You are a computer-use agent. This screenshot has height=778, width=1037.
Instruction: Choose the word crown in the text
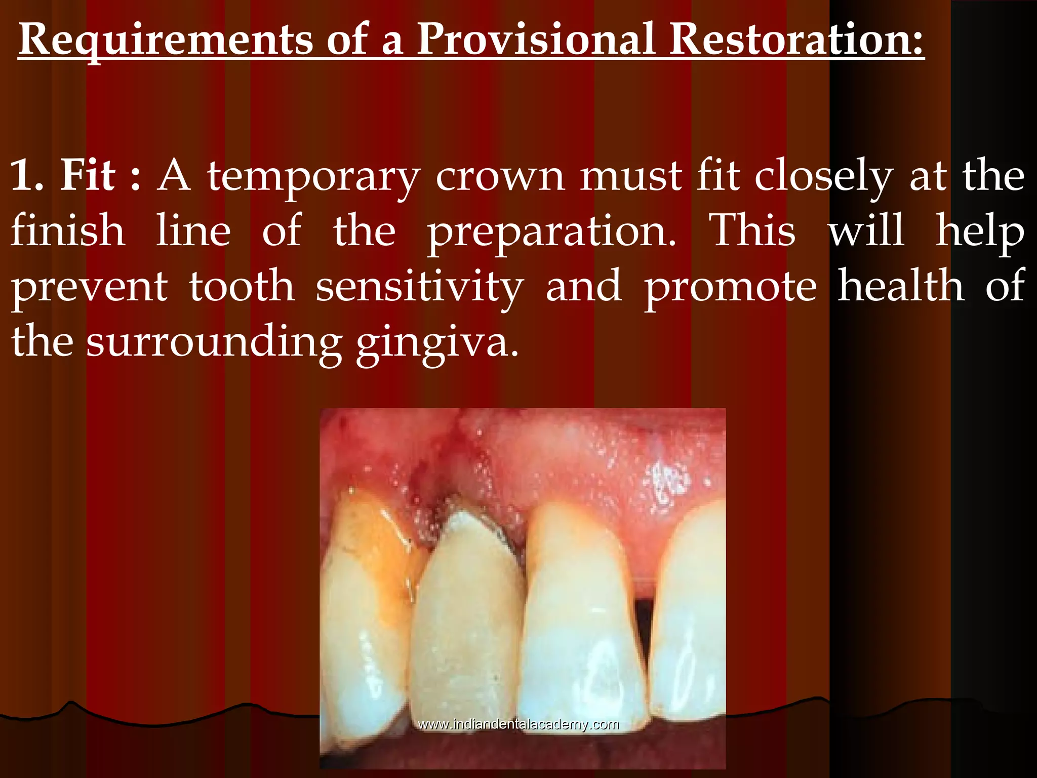(x=499, y=177)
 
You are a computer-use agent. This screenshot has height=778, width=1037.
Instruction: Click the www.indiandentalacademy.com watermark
(x=518, y=724)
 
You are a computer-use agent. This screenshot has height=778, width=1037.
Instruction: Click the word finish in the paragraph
(x=68, y=231)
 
